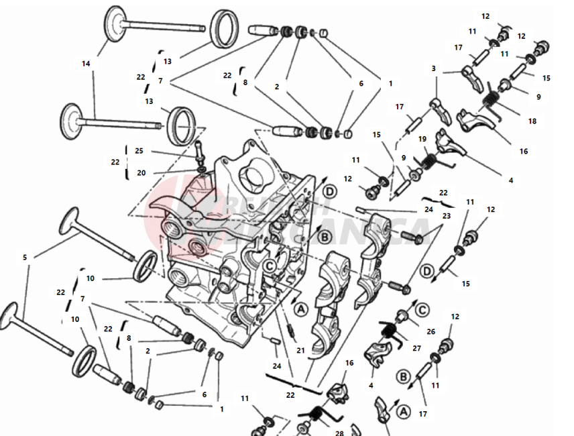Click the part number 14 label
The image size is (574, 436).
pos(86,64)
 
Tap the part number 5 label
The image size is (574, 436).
pos(25,257)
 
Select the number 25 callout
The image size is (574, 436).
pos(139,151)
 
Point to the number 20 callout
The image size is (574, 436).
pos(141,172)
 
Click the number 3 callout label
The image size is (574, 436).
pos(434,68)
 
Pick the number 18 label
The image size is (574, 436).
pos(532,121)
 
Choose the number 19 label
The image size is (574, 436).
pos(422,139)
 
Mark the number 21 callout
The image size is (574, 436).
pos(300,351)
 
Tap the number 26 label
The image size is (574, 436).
pos(431,331)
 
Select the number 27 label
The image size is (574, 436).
pos(416,348)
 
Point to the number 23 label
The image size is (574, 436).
pos(447,216)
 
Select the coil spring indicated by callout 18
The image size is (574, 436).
pos(489,103)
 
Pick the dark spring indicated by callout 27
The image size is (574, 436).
pos(388,330)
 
